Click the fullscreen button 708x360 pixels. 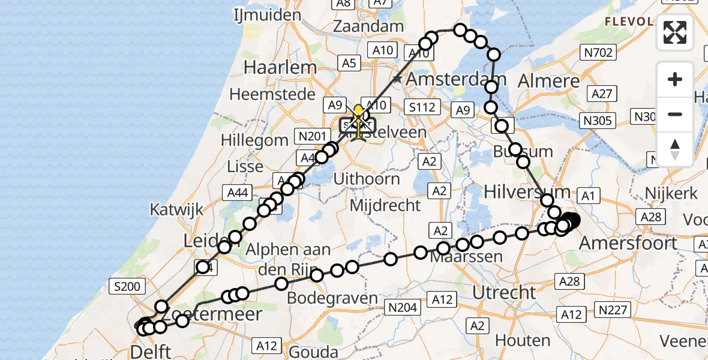point(675,32)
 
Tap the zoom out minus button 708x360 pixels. point(675,114)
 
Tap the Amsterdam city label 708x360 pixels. point(457,79)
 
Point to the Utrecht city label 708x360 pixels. point(505,293)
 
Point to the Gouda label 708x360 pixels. point(313,351)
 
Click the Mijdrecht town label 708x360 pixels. point(386,206)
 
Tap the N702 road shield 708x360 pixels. point(598,53)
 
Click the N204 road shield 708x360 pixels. point(402,308)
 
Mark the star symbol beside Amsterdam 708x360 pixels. point(397,79)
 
